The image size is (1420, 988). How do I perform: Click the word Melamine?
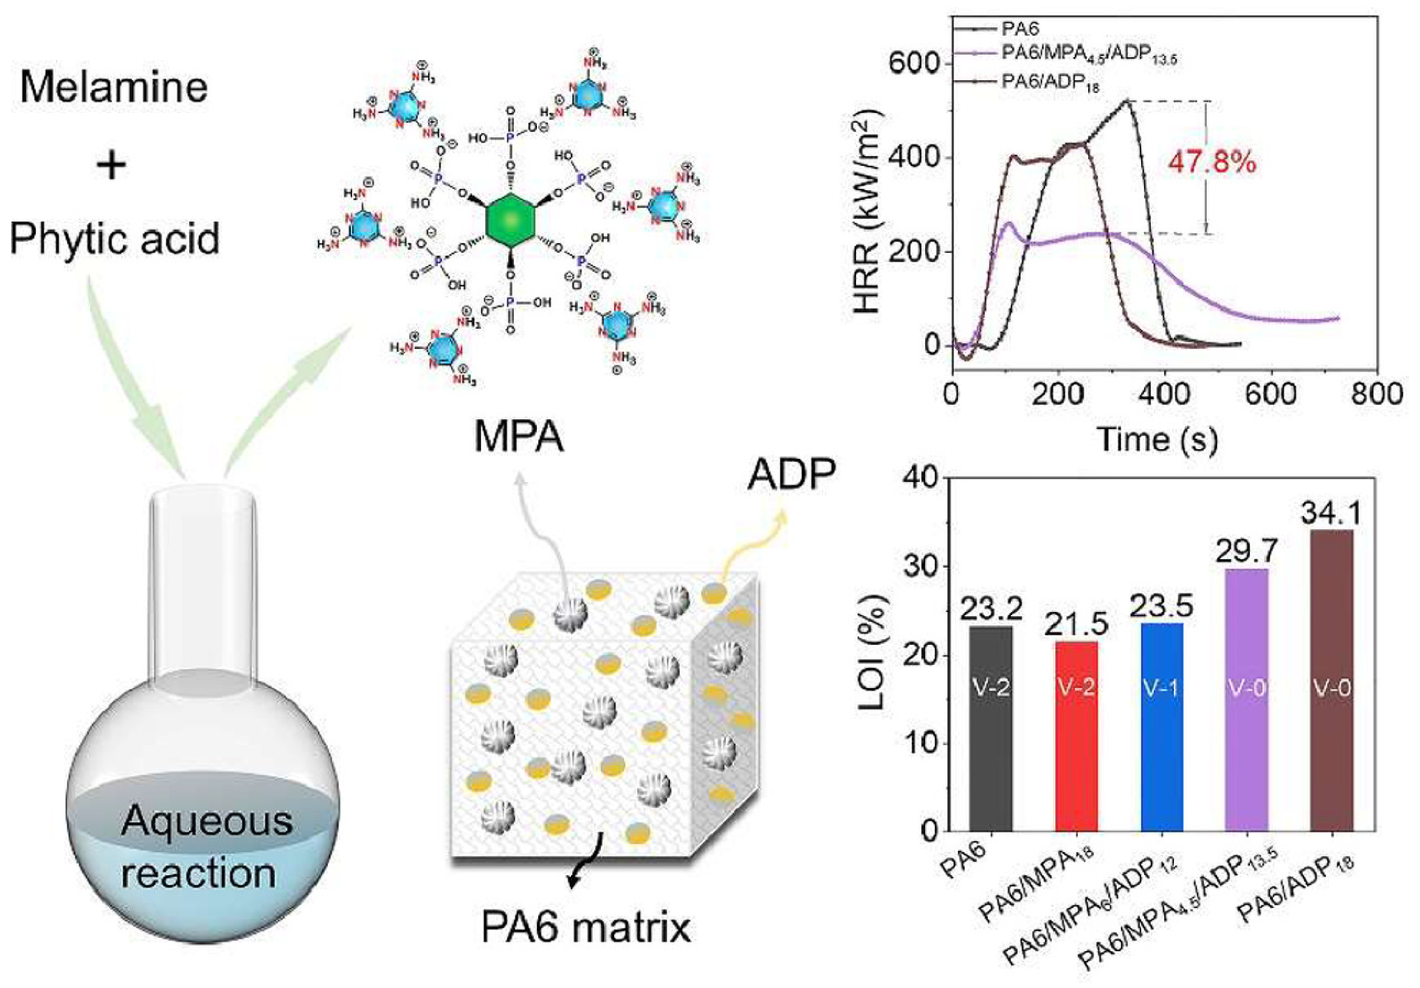tap(114, 87)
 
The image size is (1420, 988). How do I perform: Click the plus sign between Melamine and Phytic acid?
tap(112, 164)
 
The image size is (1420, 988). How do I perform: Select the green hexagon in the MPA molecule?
tap(510, 220)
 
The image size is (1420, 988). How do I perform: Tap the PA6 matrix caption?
tap(585, 928)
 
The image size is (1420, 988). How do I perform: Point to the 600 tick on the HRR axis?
tap(914, 64)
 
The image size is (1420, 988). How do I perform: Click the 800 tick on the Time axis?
tap(1377, 394)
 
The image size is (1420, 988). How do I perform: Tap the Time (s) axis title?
tap(1157, 440)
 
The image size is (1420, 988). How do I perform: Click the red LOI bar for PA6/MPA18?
tap(1077, 736)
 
